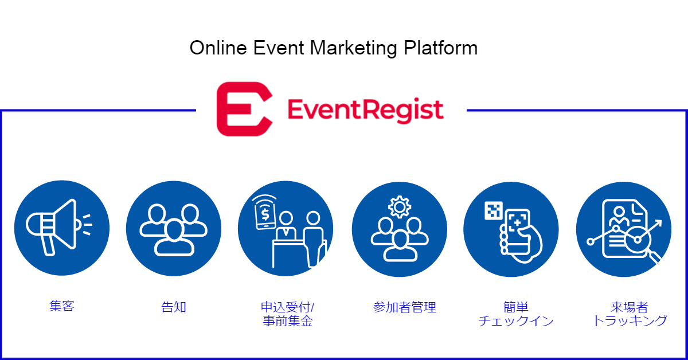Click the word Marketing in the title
tap(354, 49)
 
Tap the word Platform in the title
tap(441, 48)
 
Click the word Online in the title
tap(218, 48)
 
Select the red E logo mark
tap(244, 109)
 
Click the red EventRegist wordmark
tap(366, 110)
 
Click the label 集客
tap(62, 306)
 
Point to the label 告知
tap(174, 307)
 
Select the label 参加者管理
tap(405, 307)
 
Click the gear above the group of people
tap(400, 207)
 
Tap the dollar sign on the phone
tap(265, 214)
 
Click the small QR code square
tap(494, 211)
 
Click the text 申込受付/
tap(287, 307)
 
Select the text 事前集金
tap(288, 320)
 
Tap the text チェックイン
tap(516, 320)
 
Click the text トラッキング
tap(630, 320)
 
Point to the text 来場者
tap(630, 307)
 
